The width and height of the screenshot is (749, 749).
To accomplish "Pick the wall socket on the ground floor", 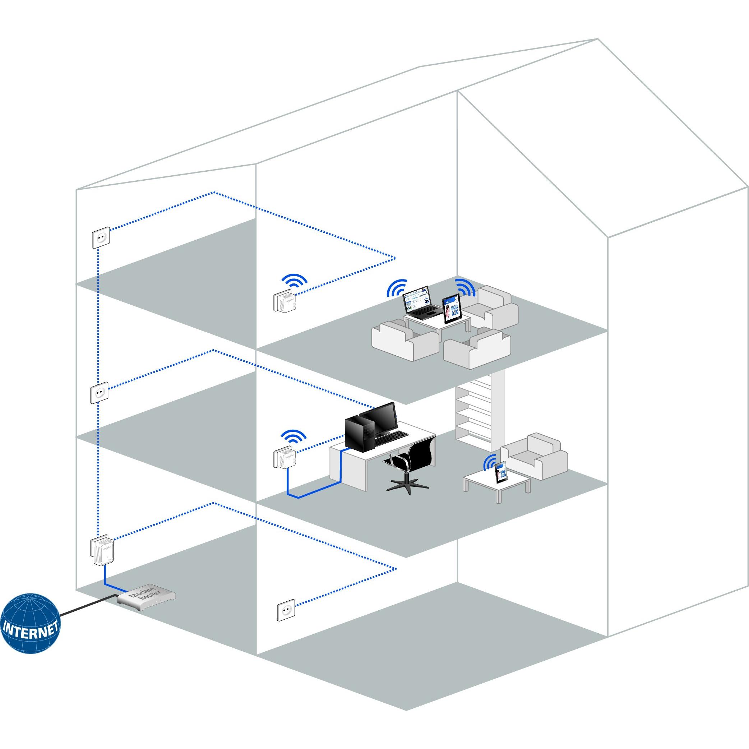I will [286, 610].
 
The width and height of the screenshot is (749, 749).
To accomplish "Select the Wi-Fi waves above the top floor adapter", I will [293, 279].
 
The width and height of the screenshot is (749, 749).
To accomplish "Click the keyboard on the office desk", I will [392, 436].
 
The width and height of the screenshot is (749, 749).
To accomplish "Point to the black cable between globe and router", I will [87, 605].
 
